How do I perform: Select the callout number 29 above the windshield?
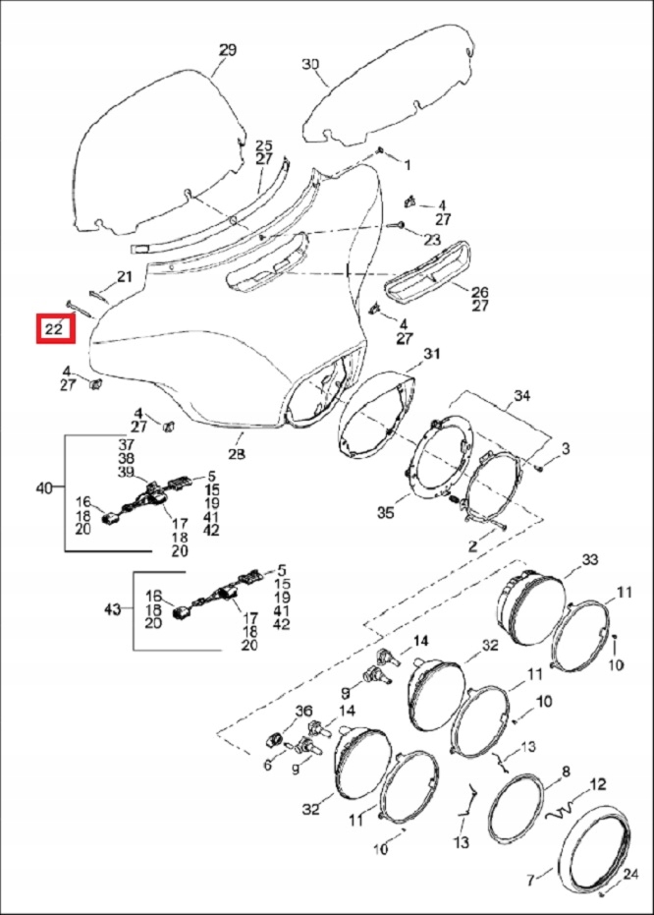[x=227, y=49]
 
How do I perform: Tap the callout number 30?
[x=310, y=64]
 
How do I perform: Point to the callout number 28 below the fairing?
[x=238, y=454]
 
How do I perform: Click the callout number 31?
[x=432, y=354]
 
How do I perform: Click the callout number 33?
[x=589, y=560]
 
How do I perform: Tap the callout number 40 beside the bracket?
[x=46, y=488]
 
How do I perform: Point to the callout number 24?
[x=630, y=874]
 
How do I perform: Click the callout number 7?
[x=533, y=878]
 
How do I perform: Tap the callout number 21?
[x=124, y=276]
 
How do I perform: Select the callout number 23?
[x=433, y=239]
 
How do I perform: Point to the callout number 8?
[x=565, y=772]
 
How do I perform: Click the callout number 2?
[x=472, y=545]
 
